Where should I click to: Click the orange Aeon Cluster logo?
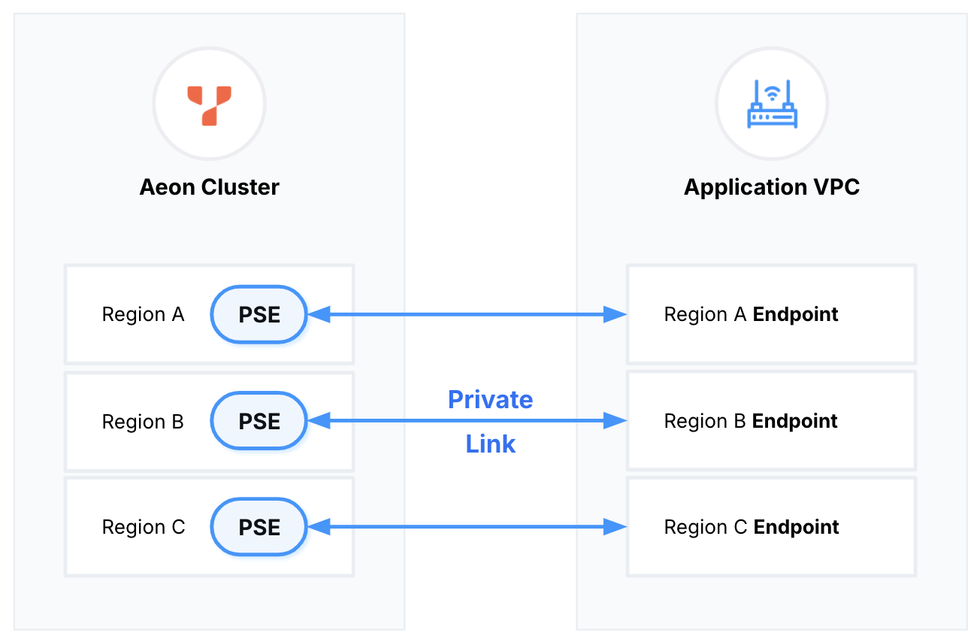pyautogui.click(x=209, y=104)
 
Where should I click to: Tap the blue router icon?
pyautogui.click(x=772, y=104)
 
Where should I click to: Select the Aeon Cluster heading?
pyautogui.click(x=209, y=187)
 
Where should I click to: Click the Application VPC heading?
pyautogui.click(x=772, y=187)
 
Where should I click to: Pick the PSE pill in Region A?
pyautogui.click(x=259, y=315)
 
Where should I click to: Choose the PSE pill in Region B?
pyautogui.click(x=259, y=421)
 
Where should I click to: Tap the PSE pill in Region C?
pyautogui.click(x=259, y=527)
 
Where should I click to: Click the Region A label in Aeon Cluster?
pyautogui.click(x=143, y=315)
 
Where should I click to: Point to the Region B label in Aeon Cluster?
pyautogui.click(x=143, y=421)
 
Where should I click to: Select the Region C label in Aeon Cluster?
pyautogui.click(x=143, y=527)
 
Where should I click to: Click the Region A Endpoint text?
pyautogui.click(x=751, y=315)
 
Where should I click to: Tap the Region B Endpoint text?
pyautogui.click(x=751, y=421)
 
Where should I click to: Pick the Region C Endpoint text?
pyautogui.click(x=751, y=527)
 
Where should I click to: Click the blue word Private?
pyautogui.click(x=490, y=399)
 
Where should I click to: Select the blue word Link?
pyautogui.click(x=490, y=444)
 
